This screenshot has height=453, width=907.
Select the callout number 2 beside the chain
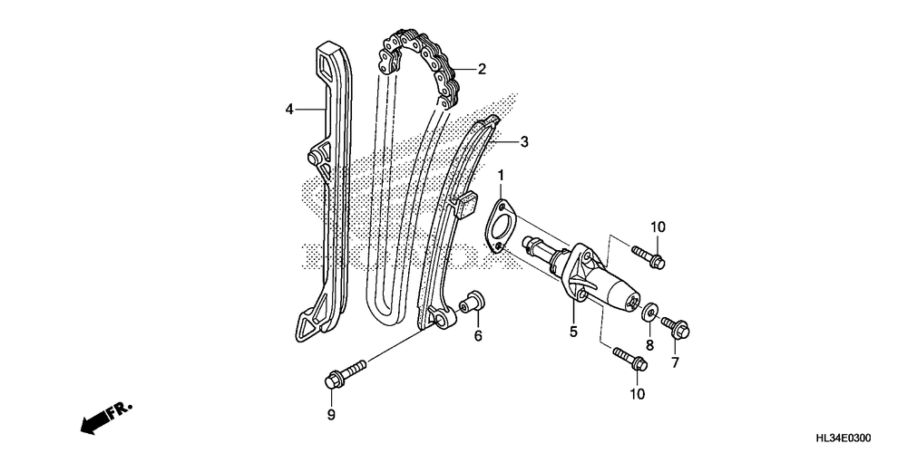[482, 69]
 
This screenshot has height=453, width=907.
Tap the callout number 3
[523, 141]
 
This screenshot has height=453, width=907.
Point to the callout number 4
[289, 110]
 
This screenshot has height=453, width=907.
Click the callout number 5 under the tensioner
[573, 333]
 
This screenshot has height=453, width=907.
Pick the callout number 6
[477, 337]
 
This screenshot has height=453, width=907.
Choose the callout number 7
[674, 362]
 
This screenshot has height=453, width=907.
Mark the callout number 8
[649, 345]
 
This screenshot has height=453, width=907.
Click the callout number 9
[331, 415]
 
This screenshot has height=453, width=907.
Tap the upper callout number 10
[657, 226]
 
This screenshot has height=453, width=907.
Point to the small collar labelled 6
[472, 304]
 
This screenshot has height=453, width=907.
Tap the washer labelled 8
[649, 314]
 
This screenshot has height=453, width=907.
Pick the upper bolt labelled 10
[647, 256]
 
